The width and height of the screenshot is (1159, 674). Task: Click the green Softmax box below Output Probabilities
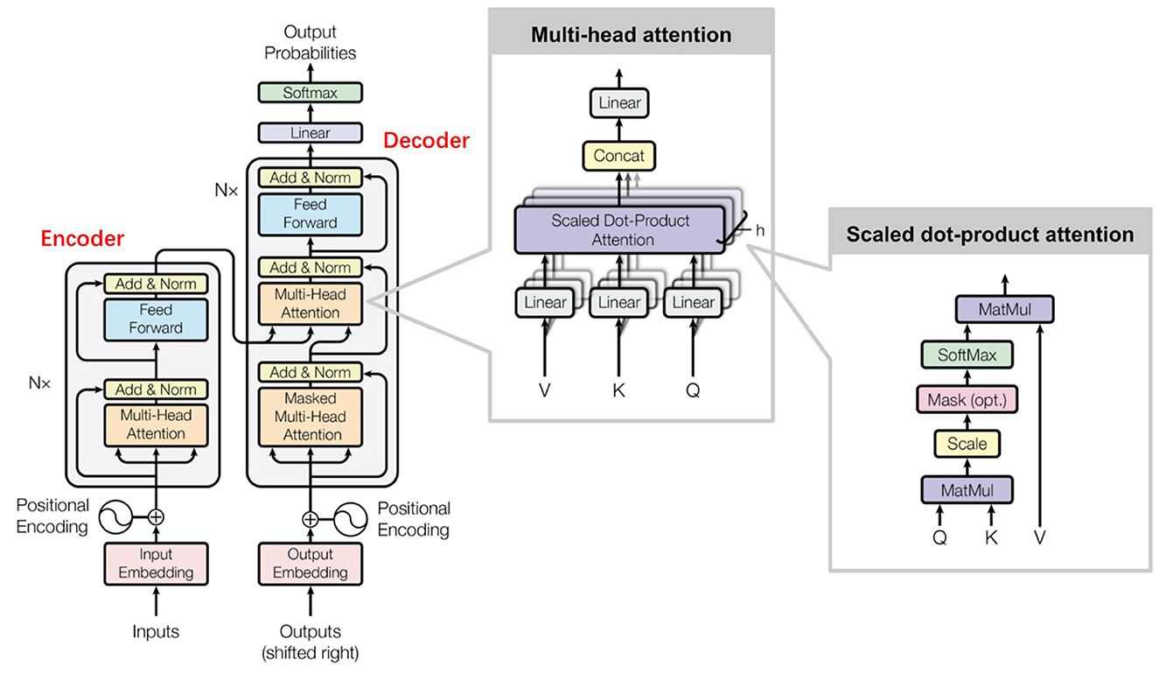pos(310,93)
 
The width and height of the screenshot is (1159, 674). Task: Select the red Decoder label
pos(426,140)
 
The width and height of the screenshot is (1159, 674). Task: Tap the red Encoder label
pos(82,239)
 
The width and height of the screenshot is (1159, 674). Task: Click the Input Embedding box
pos(156,563)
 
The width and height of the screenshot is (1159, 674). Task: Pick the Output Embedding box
pos(310,563)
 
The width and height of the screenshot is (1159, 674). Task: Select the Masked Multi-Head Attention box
pos(310,416)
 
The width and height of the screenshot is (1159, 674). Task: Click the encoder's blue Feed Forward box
pos(156,319)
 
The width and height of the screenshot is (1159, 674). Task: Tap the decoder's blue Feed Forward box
pos(310,214)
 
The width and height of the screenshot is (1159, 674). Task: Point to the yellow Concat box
pos(618,156)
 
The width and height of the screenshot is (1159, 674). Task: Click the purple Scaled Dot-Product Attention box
pos(620,230)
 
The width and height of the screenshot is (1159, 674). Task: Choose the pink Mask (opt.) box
pos(967,400)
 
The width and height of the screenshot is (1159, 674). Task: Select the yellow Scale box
pos(967,444)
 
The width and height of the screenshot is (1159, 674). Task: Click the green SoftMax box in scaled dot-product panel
pos(967,355)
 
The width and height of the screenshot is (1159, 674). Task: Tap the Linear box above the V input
pos(545,302)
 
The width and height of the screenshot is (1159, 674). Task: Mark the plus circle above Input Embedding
pos(156,516)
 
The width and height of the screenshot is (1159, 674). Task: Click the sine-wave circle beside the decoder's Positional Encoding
pos(350,519)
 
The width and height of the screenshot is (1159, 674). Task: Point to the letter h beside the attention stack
pos(759,230)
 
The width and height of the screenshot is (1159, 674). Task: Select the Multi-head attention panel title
pos(632,35)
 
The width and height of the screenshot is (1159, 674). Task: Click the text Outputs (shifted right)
pos(310,642)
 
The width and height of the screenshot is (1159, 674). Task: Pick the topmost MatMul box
pos(1004,310)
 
